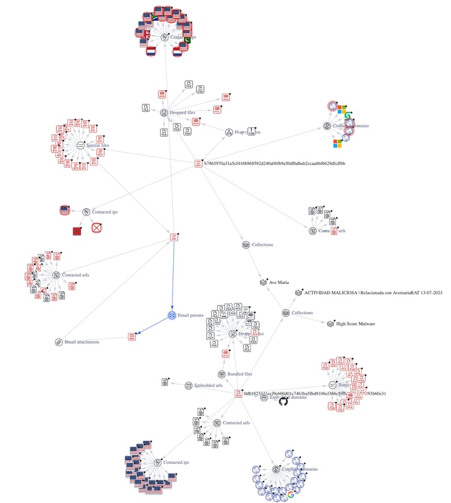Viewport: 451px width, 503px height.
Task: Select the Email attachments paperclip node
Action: (58, 342)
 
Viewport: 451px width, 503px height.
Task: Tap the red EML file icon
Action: (132, 336)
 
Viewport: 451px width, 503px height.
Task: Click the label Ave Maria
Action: (279, 282)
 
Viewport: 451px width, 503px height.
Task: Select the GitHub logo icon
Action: (284, 400)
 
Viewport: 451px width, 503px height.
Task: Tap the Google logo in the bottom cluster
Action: (291, 494)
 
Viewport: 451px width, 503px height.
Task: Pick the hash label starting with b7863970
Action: (274, 163)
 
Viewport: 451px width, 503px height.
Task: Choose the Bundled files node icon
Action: (221, 374)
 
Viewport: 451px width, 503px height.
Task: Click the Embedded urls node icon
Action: (188, 385)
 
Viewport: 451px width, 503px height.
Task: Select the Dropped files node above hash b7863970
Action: (164, 112)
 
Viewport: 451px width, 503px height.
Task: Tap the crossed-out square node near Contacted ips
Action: (96, 227)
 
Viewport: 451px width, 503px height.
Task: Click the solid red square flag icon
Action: (76, 231)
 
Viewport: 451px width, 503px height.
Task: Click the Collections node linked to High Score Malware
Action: (286, 313)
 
